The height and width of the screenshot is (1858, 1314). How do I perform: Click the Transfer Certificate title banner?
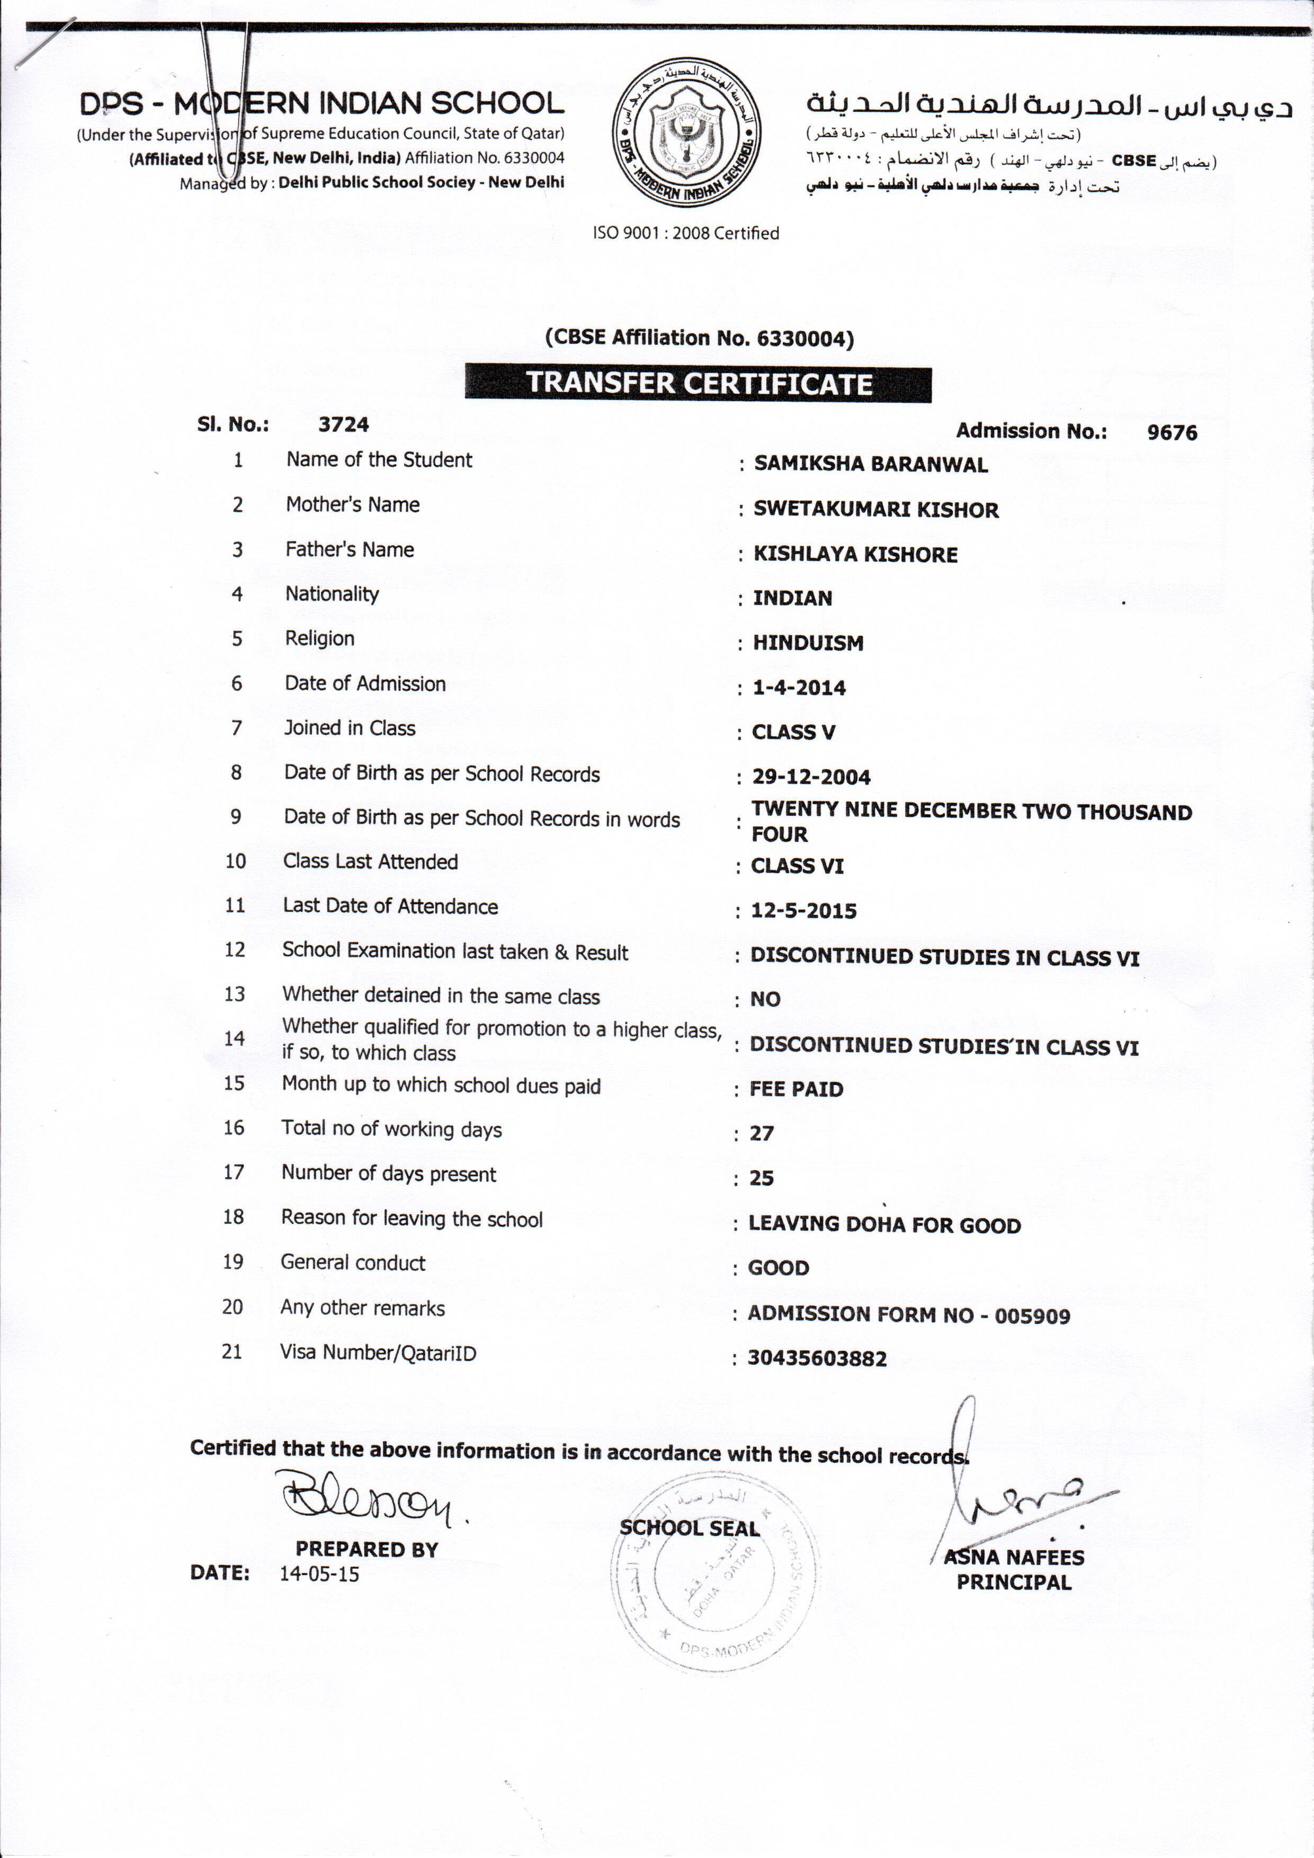[x=698, y=384]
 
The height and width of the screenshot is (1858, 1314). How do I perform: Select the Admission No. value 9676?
[x=1172, y=433]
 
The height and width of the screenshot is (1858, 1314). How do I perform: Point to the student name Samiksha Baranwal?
[x=871, y=465]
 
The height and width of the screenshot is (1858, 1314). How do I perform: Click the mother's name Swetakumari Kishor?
[x=875, y=510]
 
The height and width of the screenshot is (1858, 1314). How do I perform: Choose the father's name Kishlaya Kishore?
[x=855, y=554]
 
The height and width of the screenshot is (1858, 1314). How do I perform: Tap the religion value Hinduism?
[x=808, y=643]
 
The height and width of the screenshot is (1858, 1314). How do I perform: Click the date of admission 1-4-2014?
[x=799, y=688]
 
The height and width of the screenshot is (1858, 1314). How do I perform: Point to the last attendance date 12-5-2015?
[x=803, y=911]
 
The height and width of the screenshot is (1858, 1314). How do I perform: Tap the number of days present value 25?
[x=761, y=1178]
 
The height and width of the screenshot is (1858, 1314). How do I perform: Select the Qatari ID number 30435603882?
[x=816, y=1359]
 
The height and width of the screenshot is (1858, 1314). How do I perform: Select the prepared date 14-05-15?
[x=319, y=1574]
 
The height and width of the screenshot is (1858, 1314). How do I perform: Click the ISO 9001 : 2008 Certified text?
[x=686, y=233]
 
